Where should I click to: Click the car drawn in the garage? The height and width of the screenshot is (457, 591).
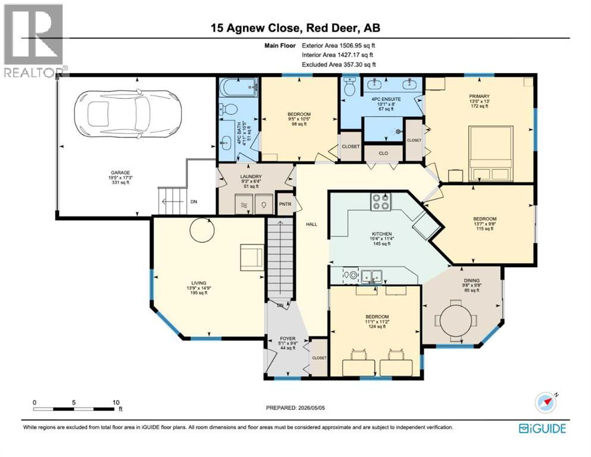pyautogui.click(x=128, y=112)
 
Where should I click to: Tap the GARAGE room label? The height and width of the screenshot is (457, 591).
pyautogui.click(x=120, y=173)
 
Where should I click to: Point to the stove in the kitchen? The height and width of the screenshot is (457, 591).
pyautogui.click(x=381, y=202)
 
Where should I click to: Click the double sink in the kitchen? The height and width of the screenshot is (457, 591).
pyautogui.click(x=371, y=276)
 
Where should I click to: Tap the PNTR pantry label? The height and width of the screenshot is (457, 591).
pyautogui.click(x=285, y=204)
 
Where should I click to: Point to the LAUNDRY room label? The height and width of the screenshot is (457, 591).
pyautogui.click(x=251, y=176)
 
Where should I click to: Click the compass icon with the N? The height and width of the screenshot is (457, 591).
pyautogui.click(x=546, y=403)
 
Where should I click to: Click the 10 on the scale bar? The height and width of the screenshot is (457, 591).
pyautogui.click(x=115, y=402)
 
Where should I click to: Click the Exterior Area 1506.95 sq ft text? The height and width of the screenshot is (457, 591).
pyautogui.click(x=339, y=46)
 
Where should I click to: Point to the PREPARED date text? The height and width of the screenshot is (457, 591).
pyautogui.click(x=295, y=408)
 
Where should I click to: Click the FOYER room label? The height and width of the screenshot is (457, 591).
pyautogui.click(x=287, y=339)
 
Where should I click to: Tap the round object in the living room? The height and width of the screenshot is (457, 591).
pyautogui.click(x=202, y=230)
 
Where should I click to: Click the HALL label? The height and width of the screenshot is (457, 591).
pyautogui.click(x=312, y=224)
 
